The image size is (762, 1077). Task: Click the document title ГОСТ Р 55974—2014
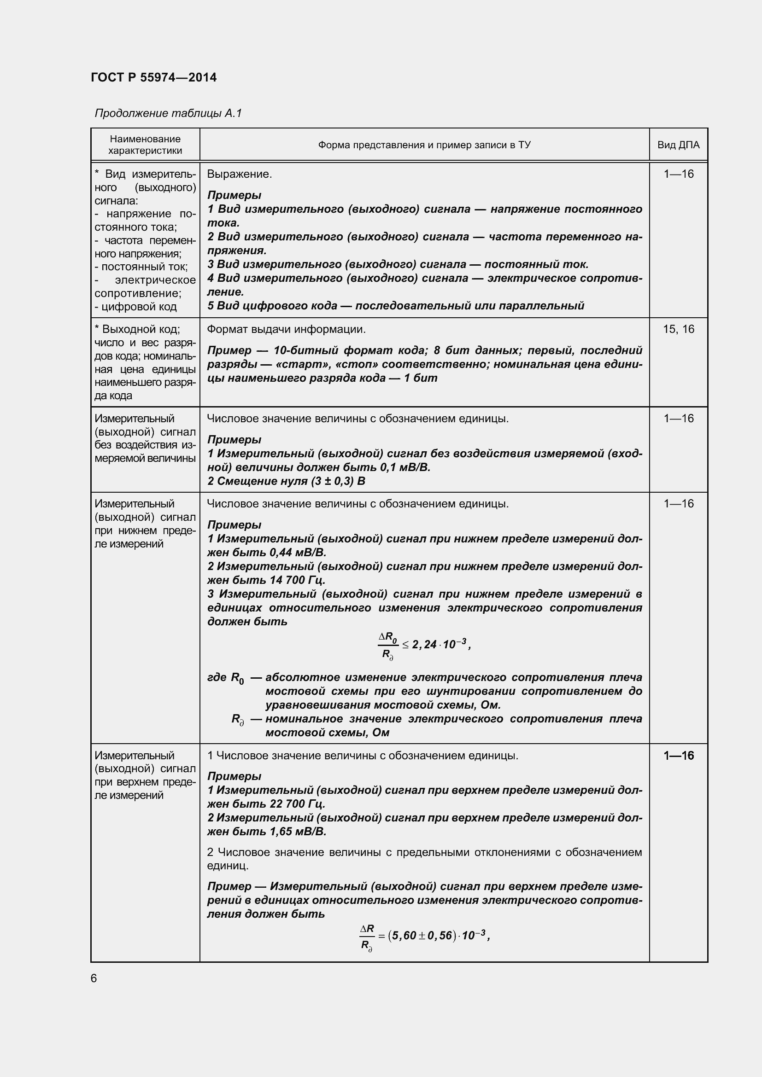point(153,77)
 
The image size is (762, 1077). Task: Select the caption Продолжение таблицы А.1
point(168,113)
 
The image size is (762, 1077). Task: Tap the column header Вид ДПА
point(678,145)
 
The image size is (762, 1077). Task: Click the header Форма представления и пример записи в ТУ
point(424,145)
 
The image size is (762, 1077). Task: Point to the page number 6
point(94,978)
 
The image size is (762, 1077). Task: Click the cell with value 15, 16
point(678,329)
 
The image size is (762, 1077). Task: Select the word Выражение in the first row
point(239,174)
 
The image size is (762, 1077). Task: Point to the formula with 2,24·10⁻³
point(424,645)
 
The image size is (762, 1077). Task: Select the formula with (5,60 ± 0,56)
point(424,936)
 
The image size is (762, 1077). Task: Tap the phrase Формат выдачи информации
point(286,329)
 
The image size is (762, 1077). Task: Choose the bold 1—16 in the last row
point(679,756)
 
